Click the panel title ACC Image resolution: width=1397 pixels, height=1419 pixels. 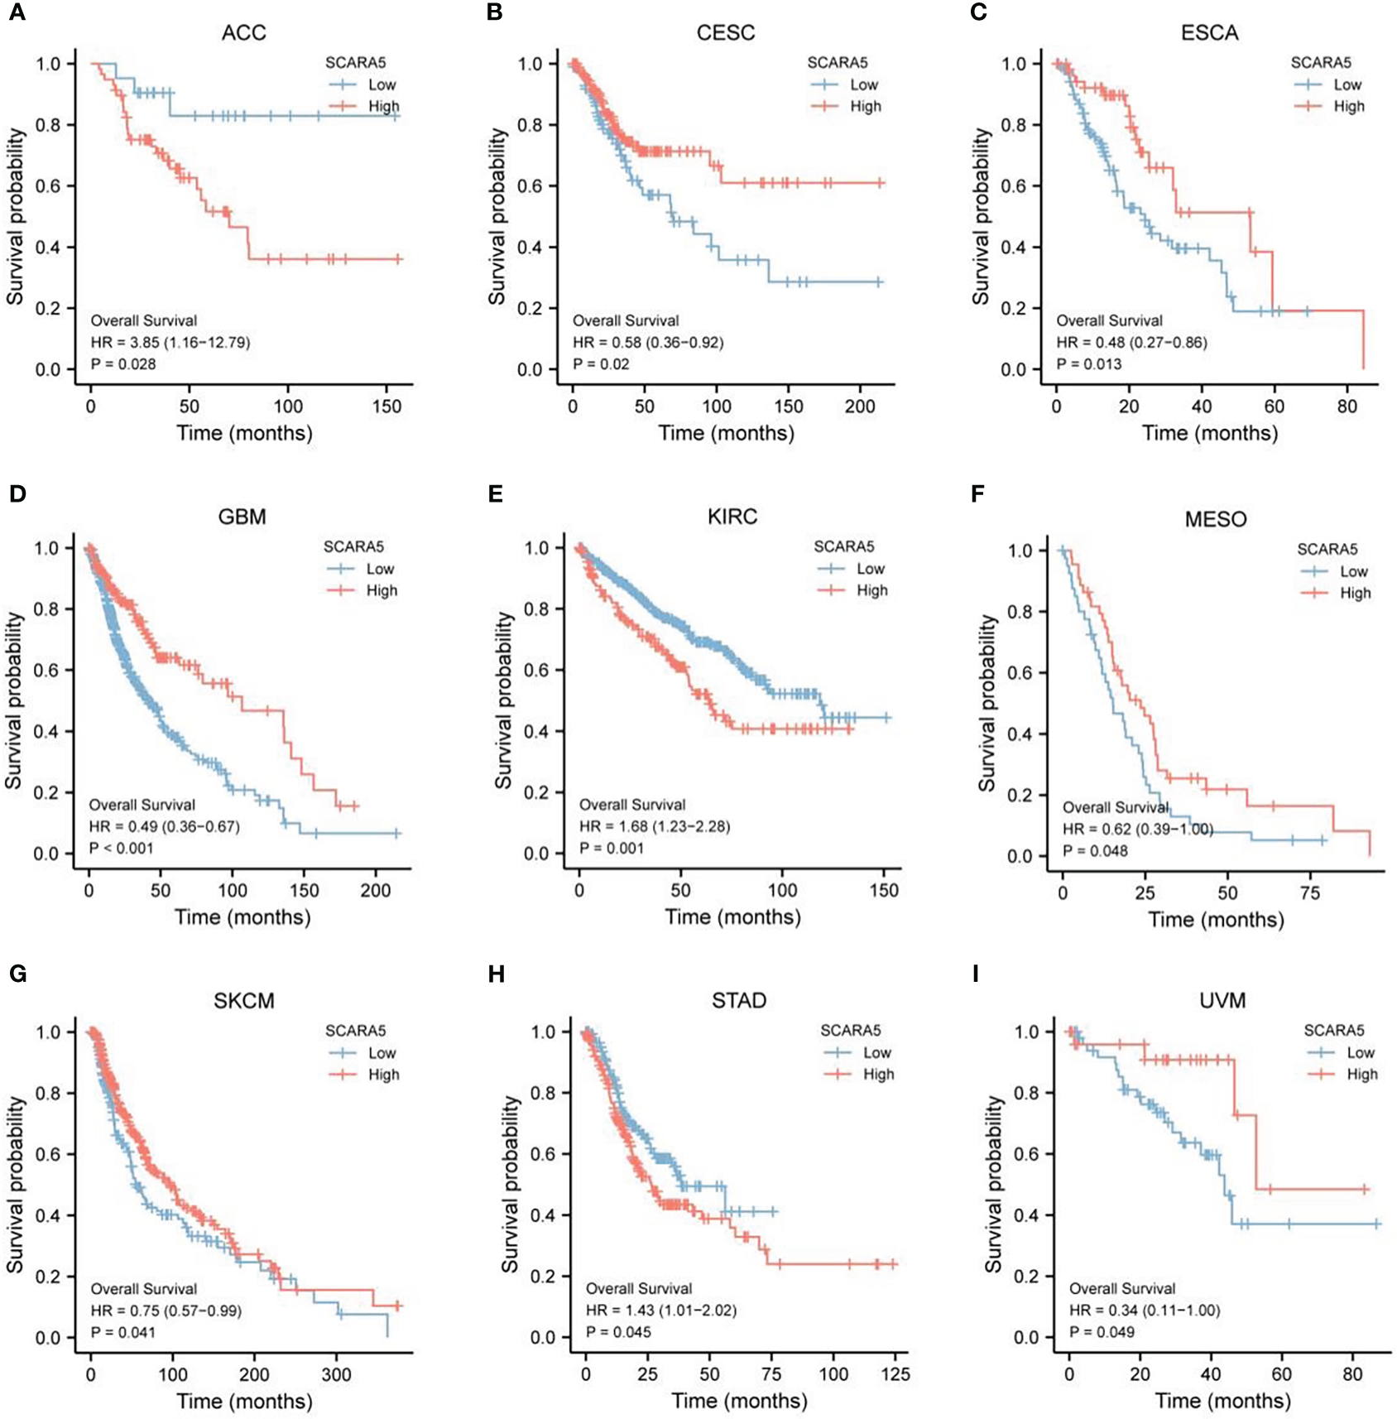pos(243,33)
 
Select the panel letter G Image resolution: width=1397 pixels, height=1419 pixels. pos(17,973)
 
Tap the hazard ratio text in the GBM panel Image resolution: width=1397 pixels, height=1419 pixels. pos(164,826)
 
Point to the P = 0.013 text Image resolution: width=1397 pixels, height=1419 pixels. pos(1089,364)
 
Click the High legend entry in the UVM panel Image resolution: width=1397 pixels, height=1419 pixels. pos(1361,1075)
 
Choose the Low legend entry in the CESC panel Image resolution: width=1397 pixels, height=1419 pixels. pos(863,84)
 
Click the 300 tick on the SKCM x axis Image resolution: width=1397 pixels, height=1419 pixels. pos(335,1374)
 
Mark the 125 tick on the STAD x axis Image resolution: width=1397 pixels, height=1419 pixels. pos(895,1374)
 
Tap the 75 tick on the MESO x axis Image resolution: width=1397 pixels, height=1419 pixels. pos(1310,893)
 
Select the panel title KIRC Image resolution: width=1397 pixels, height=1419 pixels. pos(732,517)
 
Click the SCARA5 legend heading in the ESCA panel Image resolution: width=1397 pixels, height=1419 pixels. pos(1320,63)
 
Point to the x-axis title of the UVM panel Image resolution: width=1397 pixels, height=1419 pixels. pos(1222,1401)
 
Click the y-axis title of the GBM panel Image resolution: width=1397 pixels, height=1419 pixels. pos(14,700)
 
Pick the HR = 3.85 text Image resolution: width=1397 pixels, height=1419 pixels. pos(170,343)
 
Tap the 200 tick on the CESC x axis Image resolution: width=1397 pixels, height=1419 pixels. pos(860,406)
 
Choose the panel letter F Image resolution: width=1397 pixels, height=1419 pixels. pos(977,494)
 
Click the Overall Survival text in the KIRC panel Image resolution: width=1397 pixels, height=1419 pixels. pos(631,805)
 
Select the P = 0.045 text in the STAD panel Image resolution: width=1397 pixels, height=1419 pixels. pos(618,1332)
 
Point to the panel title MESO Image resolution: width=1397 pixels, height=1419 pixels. pos(1215,520)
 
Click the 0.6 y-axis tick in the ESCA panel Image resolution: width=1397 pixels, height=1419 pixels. pos(1014,186)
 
